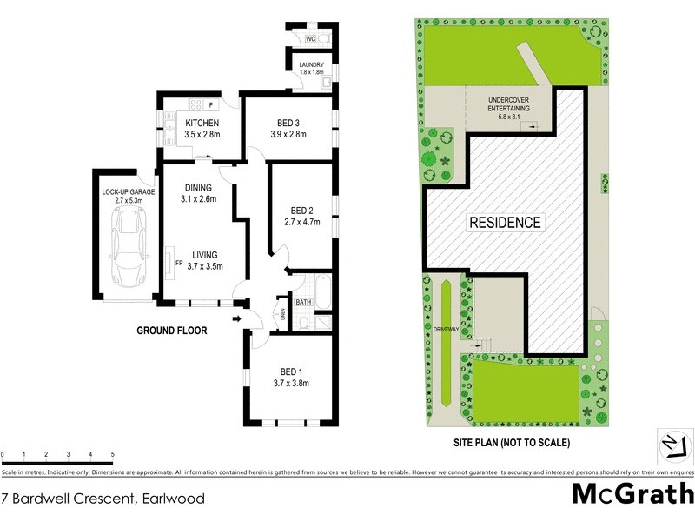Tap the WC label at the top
(309, 38)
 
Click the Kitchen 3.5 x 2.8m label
(202, 129)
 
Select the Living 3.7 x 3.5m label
(205, 260)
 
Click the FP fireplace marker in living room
(179, 262)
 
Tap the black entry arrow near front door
(238, 319)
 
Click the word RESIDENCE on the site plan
(505, 222)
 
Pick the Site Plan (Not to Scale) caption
(512, 442)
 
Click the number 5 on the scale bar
(112, 455)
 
